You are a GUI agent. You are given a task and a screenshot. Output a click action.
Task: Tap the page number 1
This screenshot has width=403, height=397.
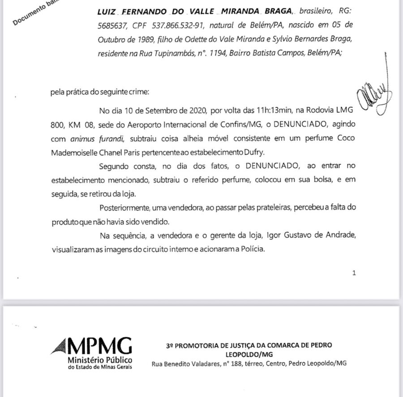click(354, 272)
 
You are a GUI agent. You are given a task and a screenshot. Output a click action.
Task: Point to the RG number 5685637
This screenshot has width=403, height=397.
click(113, 25)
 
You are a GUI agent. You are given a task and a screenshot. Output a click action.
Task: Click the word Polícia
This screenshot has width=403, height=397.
click(250, 249)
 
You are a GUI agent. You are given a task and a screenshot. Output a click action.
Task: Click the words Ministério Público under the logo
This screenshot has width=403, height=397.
click(99, 361)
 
